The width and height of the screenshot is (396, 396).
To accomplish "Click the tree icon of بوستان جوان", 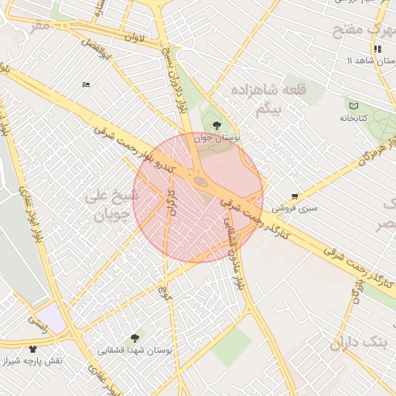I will click(x=217, y=125).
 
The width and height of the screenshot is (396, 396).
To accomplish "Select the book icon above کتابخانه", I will click(x=354, y=105).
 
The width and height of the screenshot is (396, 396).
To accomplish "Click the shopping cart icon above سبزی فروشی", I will click(x=295, y=196).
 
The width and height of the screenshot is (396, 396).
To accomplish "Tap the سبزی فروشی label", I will click(x=299, y=208).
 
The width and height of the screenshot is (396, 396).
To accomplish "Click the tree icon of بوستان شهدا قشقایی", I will click(x=136, y=338).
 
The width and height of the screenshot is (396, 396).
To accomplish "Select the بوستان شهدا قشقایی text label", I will click(x=136, y=350).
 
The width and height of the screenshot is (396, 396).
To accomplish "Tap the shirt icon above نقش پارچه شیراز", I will click(x=32, y=349).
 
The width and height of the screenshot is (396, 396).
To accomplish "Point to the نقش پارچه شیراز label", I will click(x=32, y=361).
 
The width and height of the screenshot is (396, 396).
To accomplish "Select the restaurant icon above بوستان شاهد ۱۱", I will click(x=377, y=49).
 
